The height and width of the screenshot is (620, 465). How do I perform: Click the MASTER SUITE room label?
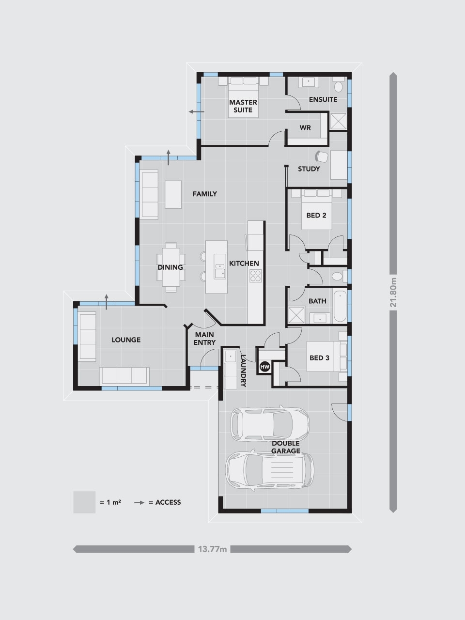pos(243,106)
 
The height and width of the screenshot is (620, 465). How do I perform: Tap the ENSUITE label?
pos(323,100)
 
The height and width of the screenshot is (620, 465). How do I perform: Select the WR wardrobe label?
pos(305,128)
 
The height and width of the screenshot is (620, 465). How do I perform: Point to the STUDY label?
pos(309,169)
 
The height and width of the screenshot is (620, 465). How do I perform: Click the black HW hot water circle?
pos(265,367)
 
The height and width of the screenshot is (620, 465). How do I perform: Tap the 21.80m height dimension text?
pos(394,292)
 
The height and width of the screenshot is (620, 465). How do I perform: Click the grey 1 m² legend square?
pos(84,502)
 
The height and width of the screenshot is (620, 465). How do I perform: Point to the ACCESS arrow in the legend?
pos(140,502)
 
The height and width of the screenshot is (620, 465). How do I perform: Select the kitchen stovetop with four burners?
pos(255,276)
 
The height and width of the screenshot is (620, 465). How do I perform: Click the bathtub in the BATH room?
pos(340,306)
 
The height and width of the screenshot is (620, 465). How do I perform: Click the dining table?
pos(170,267)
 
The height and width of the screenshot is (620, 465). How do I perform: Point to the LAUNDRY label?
pos(244,371)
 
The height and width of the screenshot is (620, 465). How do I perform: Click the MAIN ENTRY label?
pos(204,339)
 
